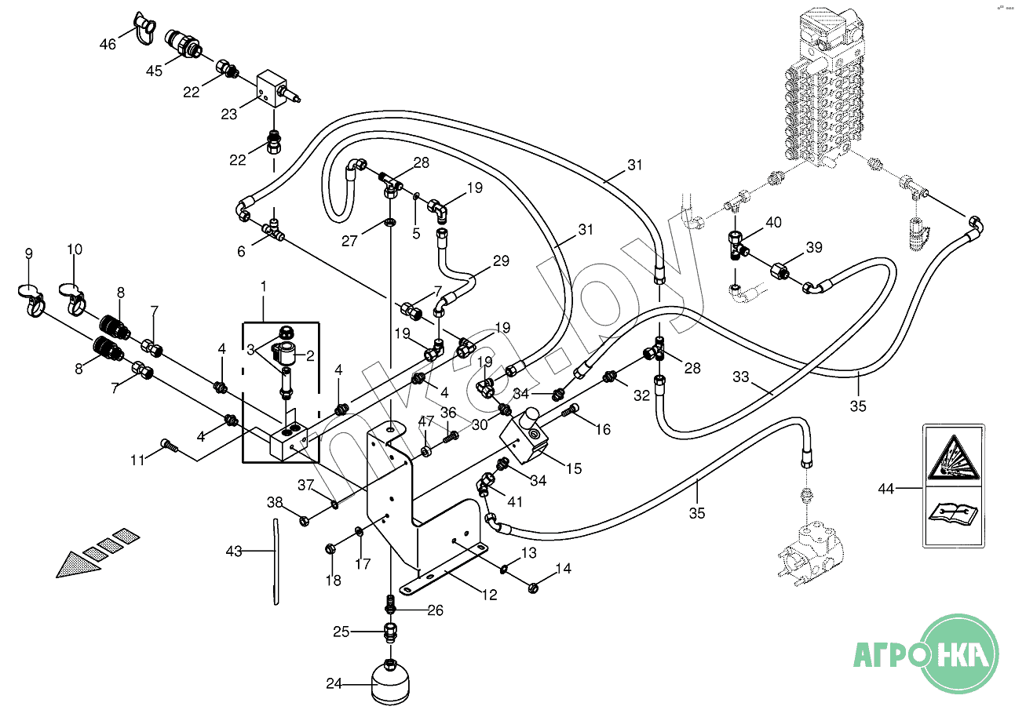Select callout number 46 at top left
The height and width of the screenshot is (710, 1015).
point(108,45)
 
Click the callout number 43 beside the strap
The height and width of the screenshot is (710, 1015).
point(234,552)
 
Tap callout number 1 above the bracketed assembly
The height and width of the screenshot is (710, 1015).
point(264,286)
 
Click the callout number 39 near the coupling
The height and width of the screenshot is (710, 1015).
point(814,248)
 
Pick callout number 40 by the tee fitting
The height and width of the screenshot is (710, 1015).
point(773,223)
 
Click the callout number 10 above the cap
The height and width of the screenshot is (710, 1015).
point(74,249)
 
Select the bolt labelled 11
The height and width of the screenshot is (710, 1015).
point(169,446)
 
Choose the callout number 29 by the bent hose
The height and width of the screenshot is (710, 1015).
point(500,260)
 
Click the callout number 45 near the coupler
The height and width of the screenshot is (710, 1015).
point(154,71)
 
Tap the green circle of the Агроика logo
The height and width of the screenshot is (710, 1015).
point(958,653)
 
